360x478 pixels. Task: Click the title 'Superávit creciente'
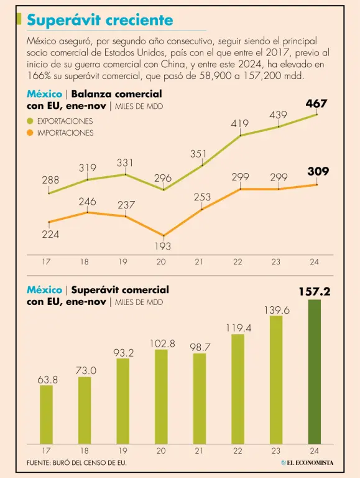100,21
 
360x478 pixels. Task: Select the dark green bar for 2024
315,372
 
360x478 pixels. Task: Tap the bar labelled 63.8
46,415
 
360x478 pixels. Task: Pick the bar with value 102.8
161,396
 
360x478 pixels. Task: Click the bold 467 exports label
316,104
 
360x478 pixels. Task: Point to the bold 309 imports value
318,171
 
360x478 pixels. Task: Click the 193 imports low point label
163,246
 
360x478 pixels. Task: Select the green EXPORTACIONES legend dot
30,121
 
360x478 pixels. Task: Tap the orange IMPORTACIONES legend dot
30,133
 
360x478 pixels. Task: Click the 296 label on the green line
163,178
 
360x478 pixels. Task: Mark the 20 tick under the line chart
161,262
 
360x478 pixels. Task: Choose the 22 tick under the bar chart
238,451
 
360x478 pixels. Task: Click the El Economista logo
307,462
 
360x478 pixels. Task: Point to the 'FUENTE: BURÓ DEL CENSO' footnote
76,462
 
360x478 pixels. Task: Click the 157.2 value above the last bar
315,292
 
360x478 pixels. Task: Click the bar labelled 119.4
238,389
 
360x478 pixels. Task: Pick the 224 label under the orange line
50,235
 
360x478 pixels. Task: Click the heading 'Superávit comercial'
120,289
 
